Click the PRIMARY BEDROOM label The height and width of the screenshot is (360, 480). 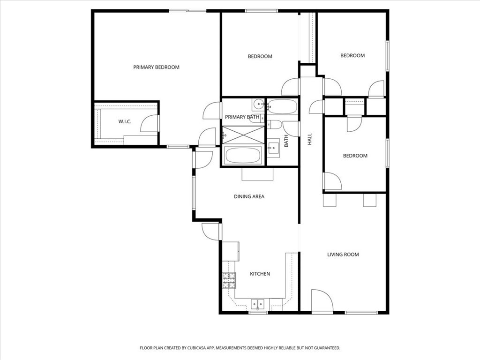(x=156, y=67)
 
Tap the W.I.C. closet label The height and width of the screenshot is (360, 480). (x=125, y=121)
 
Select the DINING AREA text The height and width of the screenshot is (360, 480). (x=249, y=196)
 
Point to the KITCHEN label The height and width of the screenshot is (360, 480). (x=260, y=274)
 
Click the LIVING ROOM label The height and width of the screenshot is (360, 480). (x=343, y=255)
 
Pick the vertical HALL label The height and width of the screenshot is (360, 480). (x=309, y=139)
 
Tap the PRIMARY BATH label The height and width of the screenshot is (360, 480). (x=242, y=117)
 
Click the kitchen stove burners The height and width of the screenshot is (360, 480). (x=229, y=280)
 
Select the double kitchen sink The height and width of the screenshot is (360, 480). (x=257, y=304)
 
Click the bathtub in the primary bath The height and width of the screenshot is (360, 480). (x=243, y=155)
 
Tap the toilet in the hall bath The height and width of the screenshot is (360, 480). (x=275, y=125)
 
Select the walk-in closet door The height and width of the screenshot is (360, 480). (x=150, y=123)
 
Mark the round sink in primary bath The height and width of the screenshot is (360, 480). (x=258, y=105)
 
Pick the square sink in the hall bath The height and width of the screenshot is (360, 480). (x=273, y=148)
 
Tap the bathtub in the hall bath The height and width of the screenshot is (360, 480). (x=282, y=106)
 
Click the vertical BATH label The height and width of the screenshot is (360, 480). (x=286, y=141)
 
